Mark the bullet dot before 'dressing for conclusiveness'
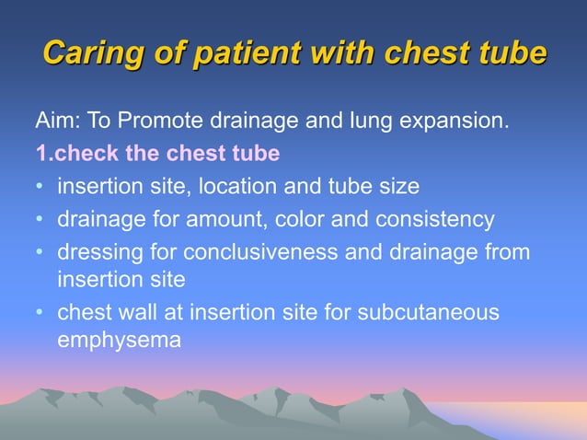40,251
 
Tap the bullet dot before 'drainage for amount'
40,219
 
